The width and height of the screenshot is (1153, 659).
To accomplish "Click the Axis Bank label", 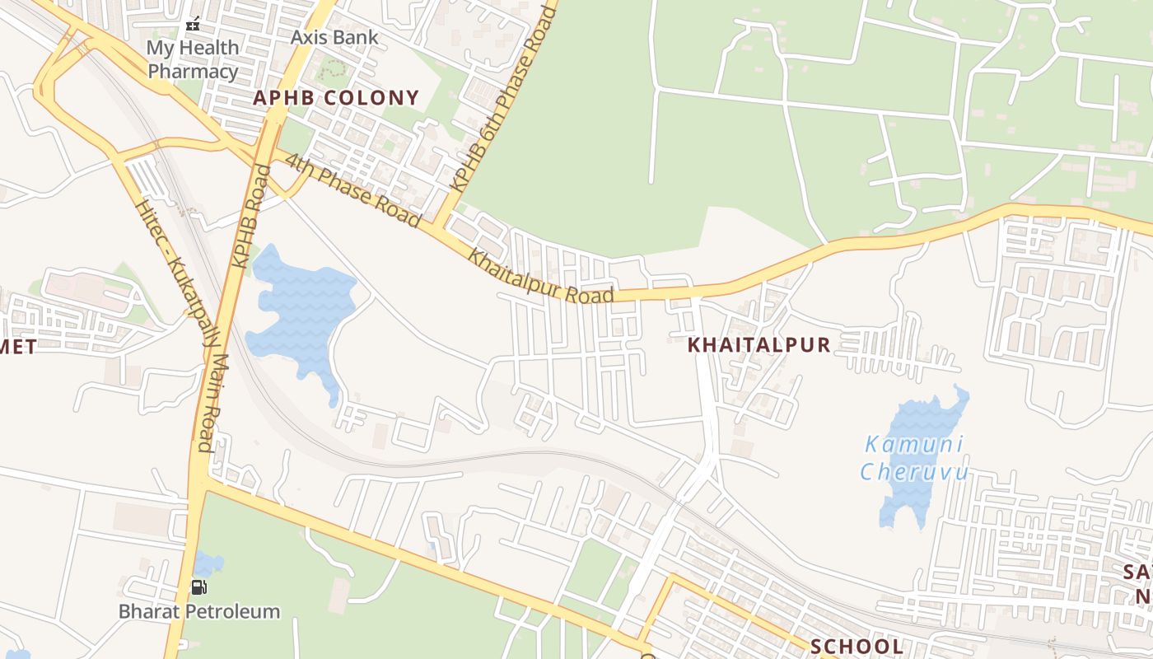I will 334,37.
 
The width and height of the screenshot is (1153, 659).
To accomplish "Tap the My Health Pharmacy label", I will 193,59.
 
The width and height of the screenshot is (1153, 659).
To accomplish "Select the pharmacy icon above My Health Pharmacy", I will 193,25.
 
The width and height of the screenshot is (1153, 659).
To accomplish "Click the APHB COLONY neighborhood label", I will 336,98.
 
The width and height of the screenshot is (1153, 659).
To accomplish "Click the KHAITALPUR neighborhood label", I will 759,345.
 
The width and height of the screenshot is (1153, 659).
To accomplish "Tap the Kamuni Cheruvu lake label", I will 914,458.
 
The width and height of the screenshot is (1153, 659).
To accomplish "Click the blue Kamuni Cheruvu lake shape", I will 910,494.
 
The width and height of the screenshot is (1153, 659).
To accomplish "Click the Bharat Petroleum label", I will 199,611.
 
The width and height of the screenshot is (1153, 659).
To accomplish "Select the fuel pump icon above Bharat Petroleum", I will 199,587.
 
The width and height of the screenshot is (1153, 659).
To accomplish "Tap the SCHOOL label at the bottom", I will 857,646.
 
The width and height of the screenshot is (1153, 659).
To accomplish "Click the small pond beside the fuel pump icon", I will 209,564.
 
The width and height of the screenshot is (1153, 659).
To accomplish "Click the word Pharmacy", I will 193,71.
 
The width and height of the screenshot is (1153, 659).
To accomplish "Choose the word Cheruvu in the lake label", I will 914,472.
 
